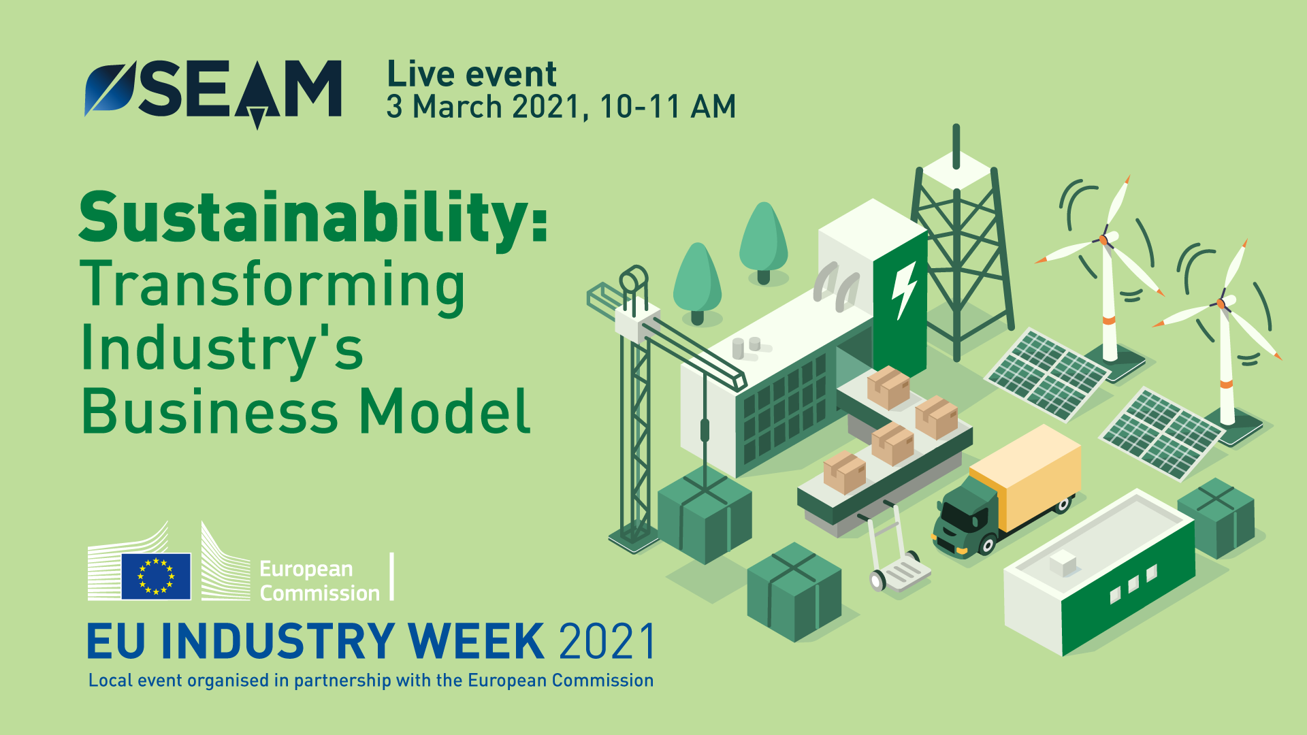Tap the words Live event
click(x=472, y=74)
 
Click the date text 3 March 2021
click(x=483, y=107)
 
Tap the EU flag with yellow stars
click(x=156, y=576)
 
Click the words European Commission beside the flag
click(x=319, y=581)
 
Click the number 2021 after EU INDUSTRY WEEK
click(x=606, y=641)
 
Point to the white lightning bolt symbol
click(x=904, y=290)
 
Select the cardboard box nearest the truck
click(x=937, y=417)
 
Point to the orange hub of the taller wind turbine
click(x=1103, y=240)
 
